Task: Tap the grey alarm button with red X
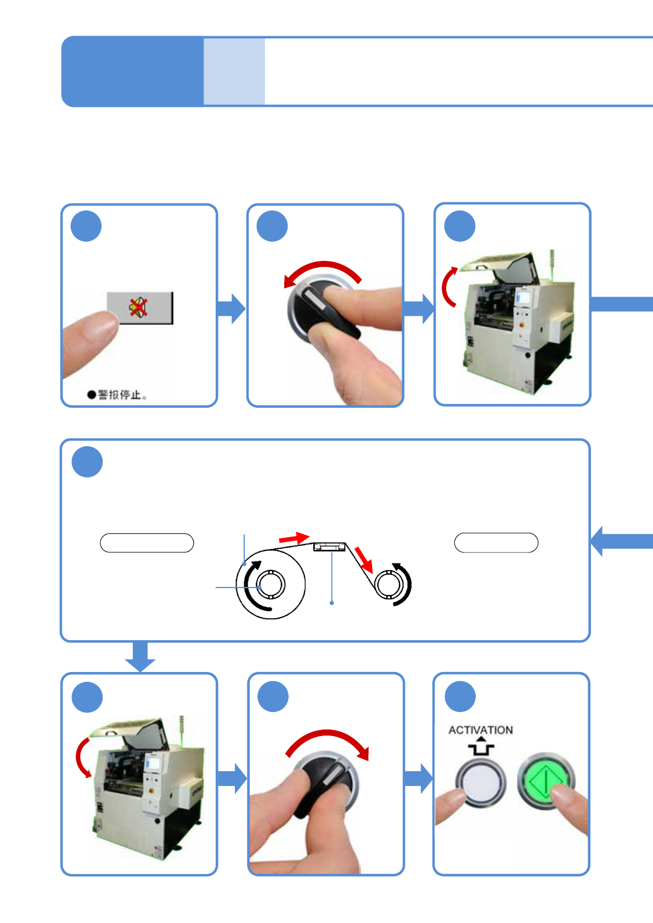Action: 139,307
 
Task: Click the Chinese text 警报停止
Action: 121,395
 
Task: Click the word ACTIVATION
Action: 480,730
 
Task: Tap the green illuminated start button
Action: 545,780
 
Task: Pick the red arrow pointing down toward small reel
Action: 364,560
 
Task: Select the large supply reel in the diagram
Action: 271,584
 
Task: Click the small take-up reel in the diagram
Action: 389,584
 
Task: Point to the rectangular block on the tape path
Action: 329,546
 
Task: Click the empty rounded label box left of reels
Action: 147,543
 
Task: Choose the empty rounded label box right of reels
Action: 496,543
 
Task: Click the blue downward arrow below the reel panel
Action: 140,656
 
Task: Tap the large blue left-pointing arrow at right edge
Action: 620,542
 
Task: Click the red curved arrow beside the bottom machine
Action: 82,757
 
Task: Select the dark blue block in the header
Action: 132,71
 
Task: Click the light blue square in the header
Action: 234,71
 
